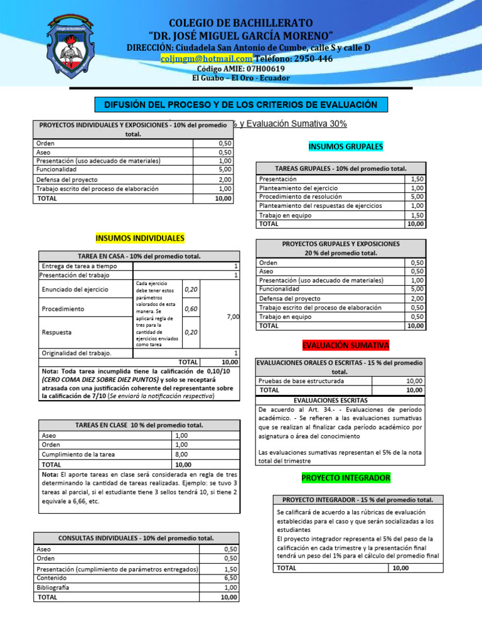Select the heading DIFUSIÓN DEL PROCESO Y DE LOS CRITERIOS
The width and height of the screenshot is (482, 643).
coord(241,104)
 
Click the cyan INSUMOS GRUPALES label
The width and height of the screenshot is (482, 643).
coord(346,146)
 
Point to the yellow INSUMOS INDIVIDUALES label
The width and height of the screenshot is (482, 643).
coord(140,239)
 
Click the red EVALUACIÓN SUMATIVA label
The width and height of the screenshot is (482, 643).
coord(346,346)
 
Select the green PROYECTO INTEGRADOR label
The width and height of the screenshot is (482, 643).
coord(346,478)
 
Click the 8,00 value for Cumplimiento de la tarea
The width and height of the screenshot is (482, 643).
coord(182,454)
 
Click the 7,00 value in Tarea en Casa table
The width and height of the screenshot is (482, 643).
coord(232,317)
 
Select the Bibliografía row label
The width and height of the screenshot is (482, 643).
coord(53,587)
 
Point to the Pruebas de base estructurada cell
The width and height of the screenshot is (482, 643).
coord(301,381)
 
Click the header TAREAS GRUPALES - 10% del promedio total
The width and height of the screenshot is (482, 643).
coord(341,168)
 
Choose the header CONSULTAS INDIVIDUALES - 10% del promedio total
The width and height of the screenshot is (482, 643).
coord(136,538)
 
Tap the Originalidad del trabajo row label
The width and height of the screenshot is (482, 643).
coord(76,353)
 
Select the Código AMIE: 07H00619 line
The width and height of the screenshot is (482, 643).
coord(241,68)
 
